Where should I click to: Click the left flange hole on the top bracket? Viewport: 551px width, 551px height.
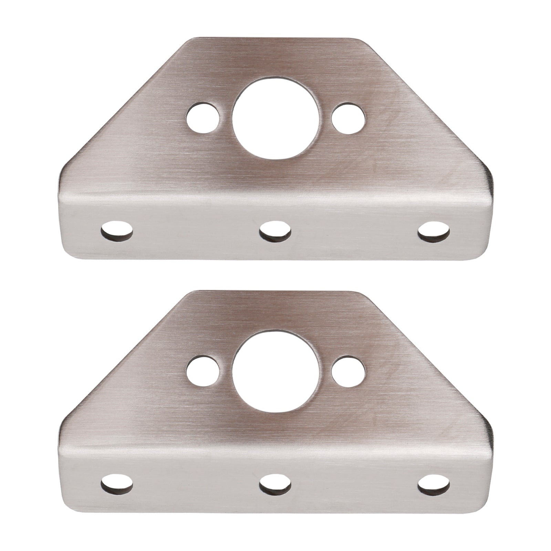click(x=117, y=230)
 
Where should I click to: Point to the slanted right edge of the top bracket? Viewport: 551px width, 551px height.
click(x=427, y=103)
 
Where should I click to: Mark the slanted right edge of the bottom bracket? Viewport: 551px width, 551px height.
click(x=427, y=348)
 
